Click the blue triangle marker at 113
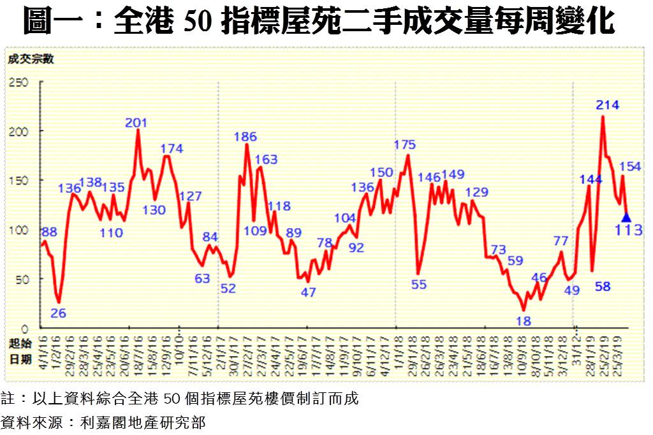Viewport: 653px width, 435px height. (626, 217)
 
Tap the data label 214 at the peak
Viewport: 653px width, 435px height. (608, 104)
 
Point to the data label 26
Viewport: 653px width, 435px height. (58, 313)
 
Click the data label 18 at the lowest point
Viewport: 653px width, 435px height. (523, 321)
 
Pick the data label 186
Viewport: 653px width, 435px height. (246, 136)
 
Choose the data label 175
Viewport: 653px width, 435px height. (405, 145)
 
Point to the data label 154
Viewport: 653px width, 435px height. (630, 166)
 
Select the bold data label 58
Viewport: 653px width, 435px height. (603, 287)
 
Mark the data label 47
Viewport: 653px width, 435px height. (309, 292)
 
